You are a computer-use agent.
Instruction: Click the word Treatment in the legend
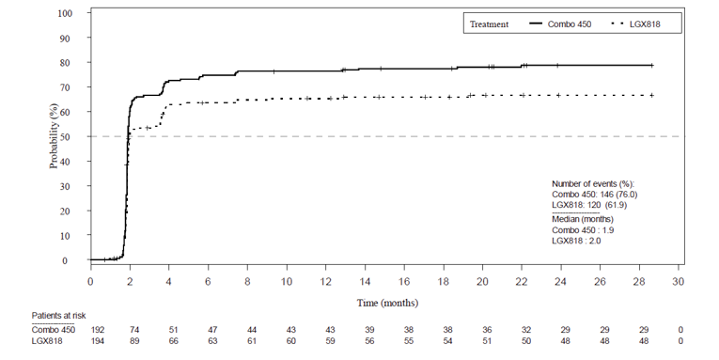(489, 24)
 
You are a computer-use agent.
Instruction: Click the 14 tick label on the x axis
(365, 280)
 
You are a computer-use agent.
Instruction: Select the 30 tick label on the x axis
(679, 280)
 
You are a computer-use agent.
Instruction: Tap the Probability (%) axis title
(54, 136)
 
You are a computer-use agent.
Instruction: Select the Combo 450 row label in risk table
(53, 330)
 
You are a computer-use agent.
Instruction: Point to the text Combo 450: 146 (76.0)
(593, 193)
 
